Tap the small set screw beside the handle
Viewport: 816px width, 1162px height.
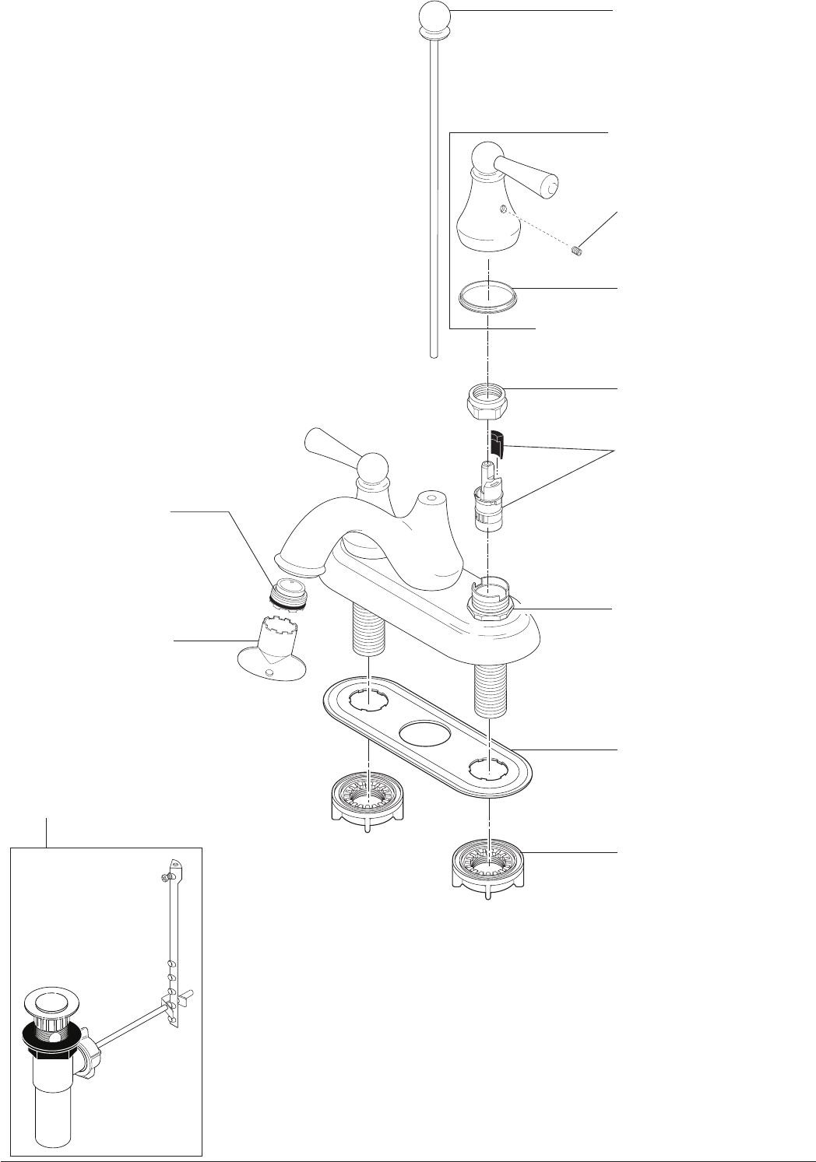click(578, 251)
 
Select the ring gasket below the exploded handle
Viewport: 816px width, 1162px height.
click(488, 298)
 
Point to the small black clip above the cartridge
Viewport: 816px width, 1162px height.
click(498, 446)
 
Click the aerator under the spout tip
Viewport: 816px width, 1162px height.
click(290, 593)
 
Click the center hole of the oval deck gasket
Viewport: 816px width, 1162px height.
click(425, 733)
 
